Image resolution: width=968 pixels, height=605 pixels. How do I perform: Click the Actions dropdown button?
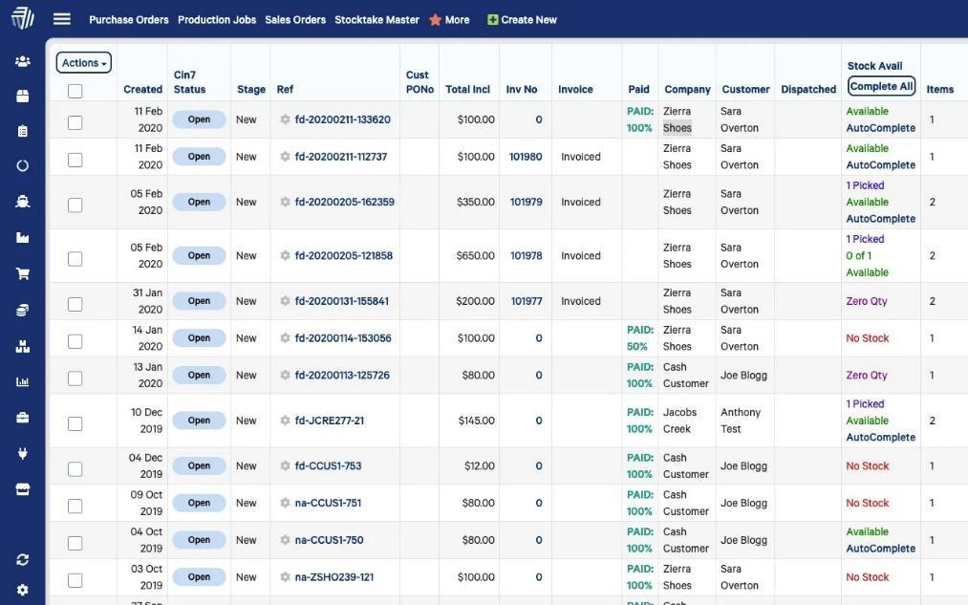(84, 63)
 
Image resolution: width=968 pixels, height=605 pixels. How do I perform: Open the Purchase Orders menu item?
(129, 20)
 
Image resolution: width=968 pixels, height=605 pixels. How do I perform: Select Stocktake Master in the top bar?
(376, 20)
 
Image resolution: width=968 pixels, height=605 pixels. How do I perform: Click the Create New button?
(522, 20)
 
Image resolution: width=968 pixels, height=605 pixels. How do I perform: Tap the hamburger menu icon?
(62, 19)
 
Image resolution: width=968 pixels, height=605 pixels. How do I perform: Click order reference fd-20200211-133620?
(342, 119)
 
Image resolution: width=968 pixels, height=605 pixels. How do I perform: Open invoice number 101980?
(526, 157)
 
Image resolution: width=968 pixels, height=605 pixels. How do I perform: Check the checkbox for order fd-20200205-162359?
(75, 205)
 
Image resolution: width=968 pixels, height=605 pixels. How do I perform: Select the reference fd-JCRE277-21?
(330, 421)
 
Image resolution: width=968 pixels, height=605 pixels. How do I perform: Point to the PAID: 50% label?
(639, 338)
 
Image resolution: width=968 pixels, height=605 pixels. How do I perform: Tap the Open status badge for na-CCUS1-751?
(199, 503)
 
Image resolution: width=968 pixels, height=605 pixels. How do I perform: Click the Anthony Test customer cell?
(741, 421)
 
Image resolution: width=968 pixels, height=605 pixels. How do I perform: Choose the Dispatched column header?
(808, 90)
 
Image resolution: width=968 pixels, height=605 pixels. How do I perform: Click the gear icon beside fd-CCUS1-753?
(285, 466)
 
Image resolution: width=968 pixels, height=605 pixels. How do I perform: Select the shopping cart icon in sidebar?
(23, 273)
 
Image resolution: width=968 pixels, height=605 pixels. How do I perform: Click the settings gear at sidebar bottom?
(23, 590)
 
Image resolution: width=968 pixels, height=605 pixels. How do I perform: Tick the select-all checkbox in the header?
(75, 91)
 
